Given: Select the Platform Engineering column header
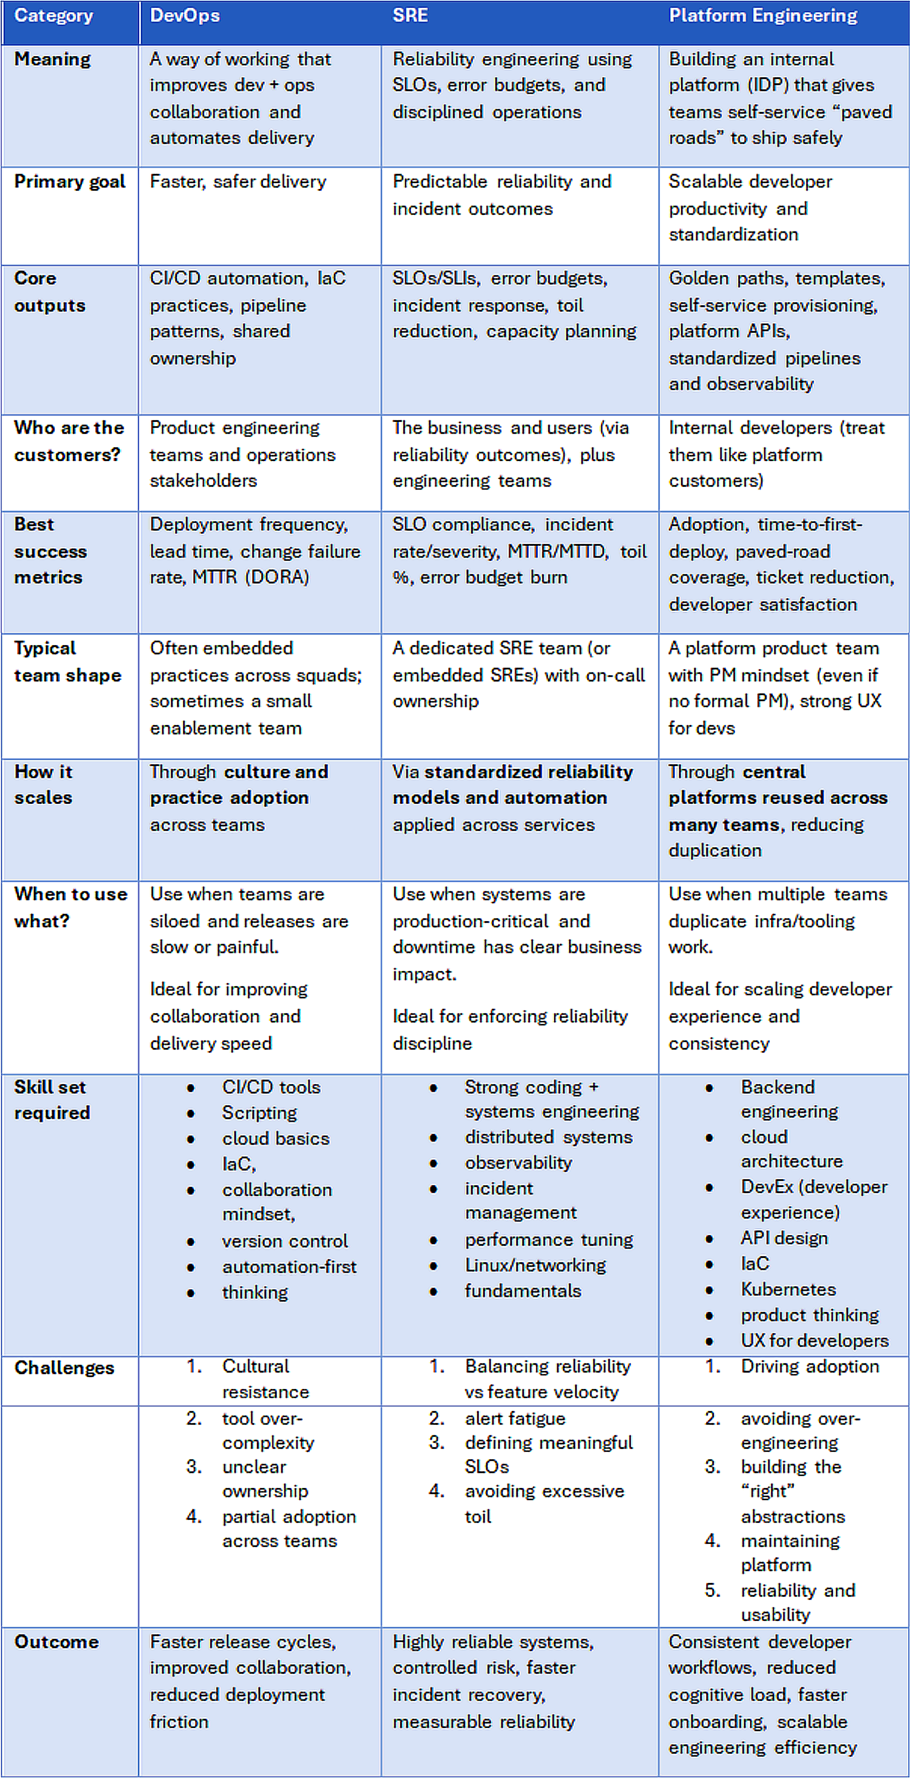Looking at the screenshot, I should point(762,16).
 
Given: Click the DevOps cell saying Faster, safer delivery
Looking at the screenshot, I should point(238,181).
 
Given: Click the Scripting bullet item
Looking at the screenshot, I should point(259,1113).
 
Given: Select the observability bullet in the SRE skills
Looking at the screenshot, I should point(518,1163).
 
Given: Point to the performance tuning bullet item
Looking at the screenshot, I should point(549,1240).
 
